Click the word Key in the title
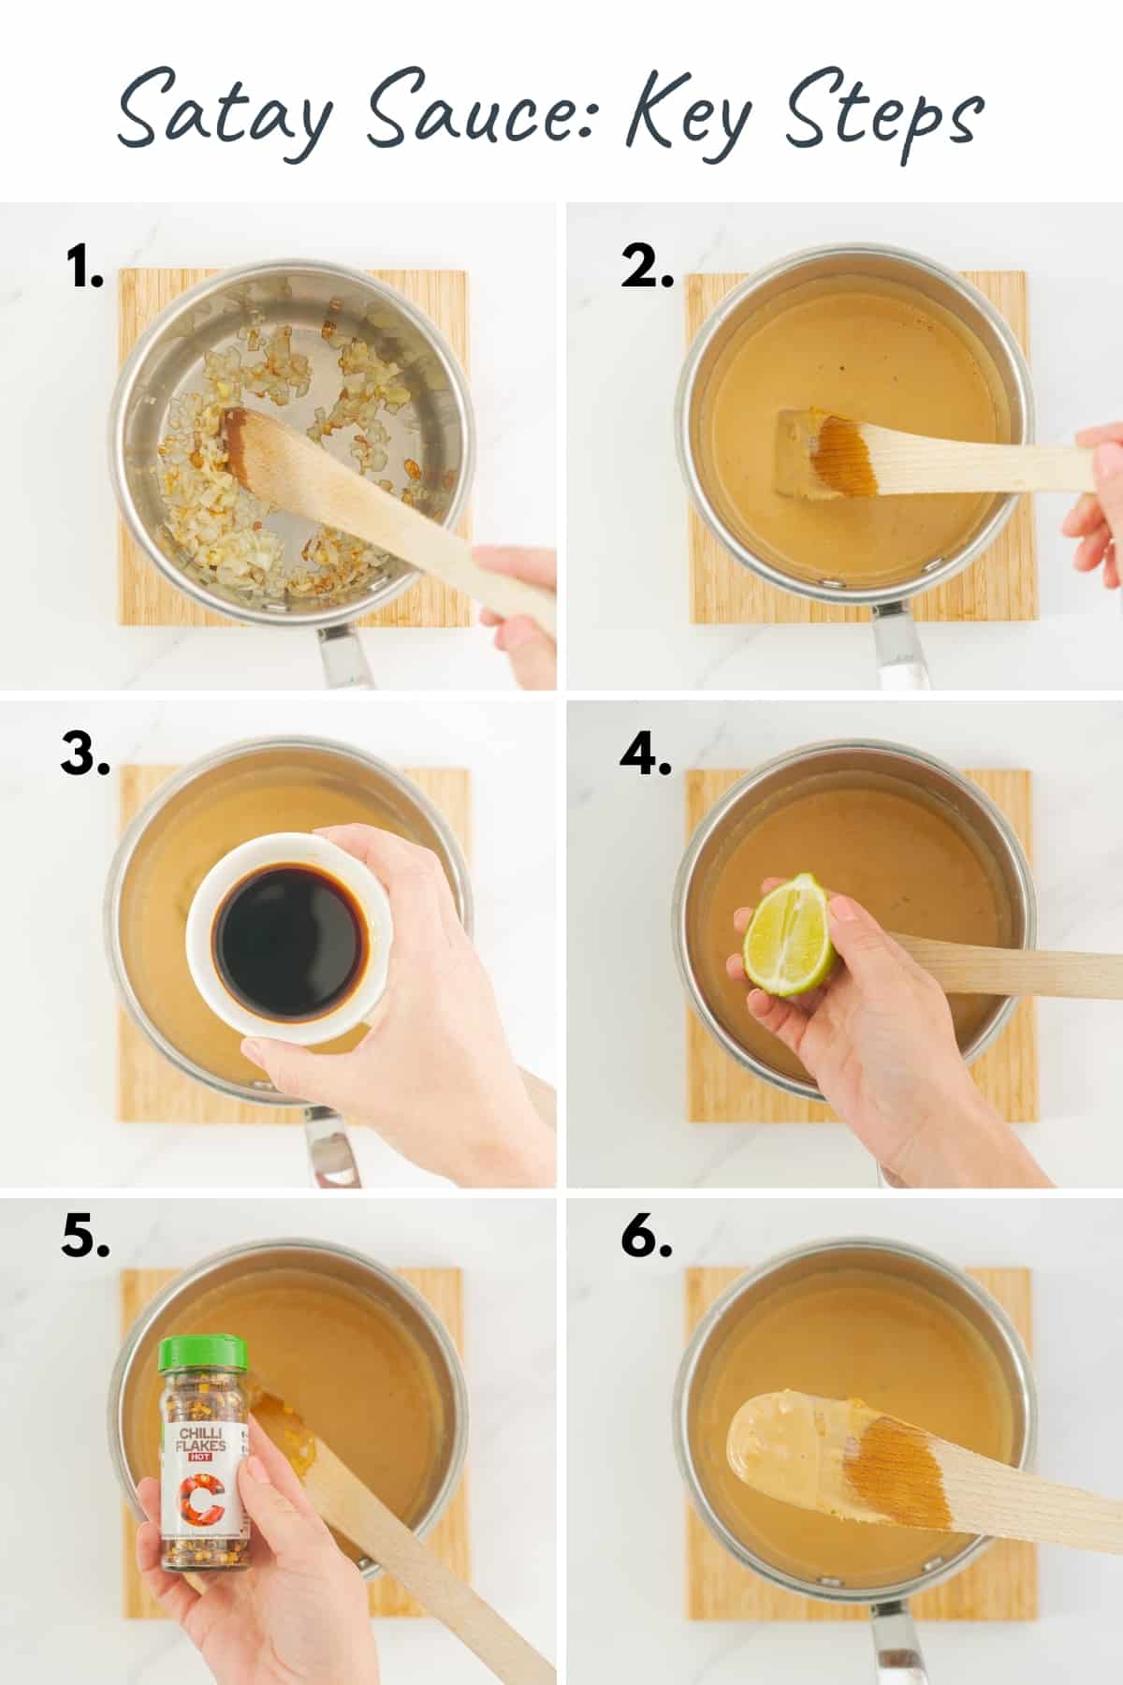[688, 117]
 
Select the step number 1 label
[84, 269]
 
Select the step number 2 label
[647, 269]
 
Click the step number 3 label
[85, 755]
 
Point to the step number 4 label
[646, 755]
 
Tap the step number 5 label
[85, 1238]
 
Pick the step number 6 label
[646, 1238]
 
